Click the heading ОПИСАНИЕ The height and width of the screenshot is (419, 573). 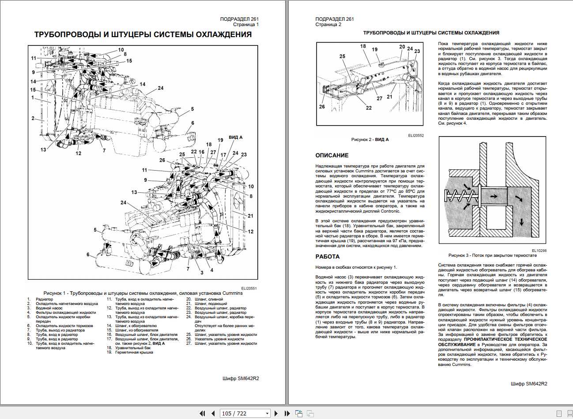[x=332, y=156]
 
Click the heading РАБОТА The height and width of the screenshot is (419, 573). [x=327, y=257]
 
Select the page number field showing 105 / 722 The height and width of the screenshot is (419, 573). [x=245, y=413]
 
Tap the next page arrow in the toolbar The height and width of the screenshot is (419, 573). [x=276, y=413]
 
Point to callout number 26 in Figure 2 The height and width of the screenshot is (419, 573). [x=322, y=107]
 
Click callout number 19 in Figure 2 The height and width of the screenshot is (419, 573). [x=375, y=50]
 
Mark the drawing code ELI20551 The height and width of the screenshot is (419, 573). [x=249, y=288]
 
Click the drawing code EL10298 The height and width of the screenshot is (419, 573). [x=539, y=251]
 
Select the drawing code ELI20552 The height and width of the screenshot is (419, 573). [x=415, y=136]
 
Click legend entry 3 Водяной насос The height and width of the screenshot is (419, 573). [x=49, y=308]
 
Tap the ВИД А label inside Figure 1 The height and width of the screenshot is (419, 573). [x=235, y=137]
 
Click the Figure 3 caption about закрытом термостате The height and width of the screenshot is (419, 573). [x=492, y=255]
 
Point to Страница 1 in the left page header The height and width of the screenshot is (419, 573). [x=246, y=25]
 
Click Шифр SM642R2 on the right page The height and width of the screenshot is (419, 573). [x=528, y=384]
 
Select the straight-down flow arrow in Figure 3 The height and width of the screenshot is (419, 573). [x=522, y=221]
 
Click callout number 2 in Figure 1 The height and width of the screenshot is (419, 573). [x=33, y=118]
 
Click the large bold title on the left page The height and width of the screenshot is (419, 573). [x=143, y=35]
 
